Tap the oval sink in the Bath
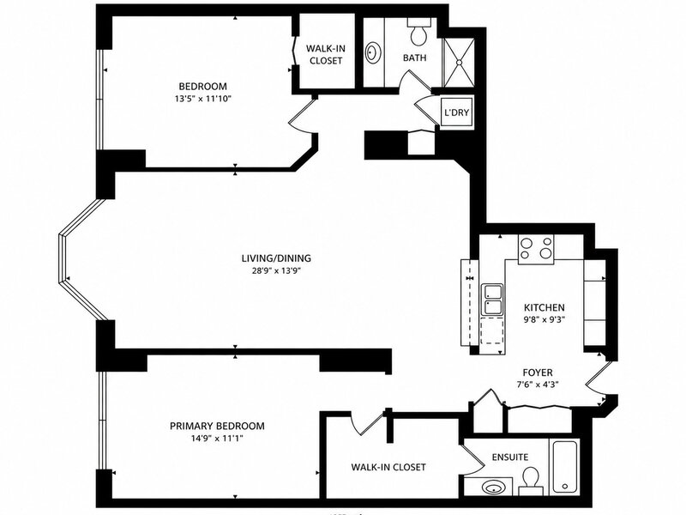(x=373, y=53)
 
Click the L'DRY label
(x=456, y=112)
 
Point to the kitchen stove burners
(x=536, y=249)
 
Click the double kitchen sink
(x=492, y=299)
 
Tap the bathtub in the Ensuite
(x=566, y=467)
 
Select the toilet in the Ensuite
(x=531, y=480)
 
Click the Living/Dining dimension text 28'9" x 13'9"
(x=276, y=270)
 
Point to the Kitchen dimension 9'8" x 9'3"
(x=545, y=319)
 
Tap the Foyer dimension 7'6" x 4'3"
(x=538, y=385)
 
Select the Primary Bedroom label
(x=217, y=426)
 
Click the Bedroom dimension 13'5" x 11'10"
(x=202, y=99)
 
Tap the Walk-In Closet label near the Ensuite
(x=388, y=467)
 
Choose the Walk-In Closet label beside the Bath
(x=326, y=54)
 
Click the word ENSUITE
(x=509, y=457)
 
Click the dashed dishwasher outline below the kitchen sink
(x=491, y=331)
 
